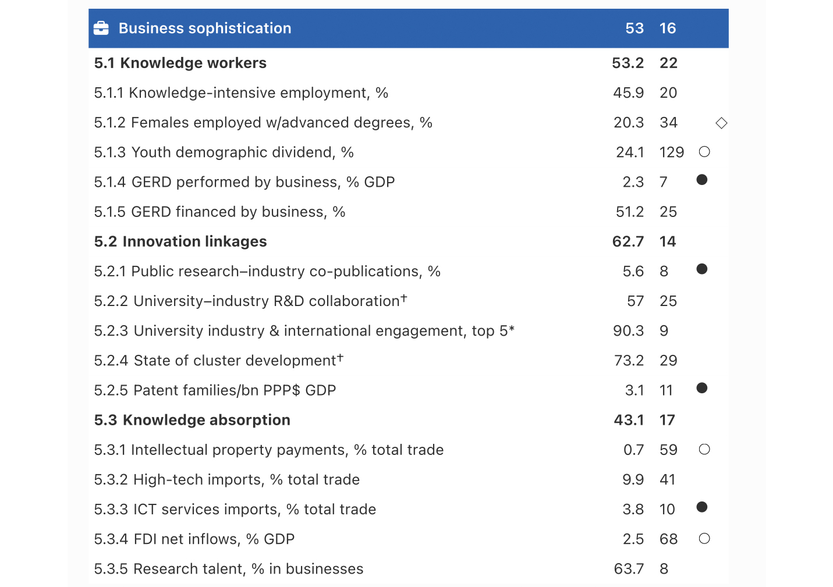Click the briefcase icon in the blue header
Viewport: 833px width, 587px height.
point(101,28)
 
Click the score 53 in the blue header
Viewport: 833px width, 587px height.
point(634,28)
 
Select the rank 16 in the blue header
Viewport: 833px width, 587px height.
point(668,28)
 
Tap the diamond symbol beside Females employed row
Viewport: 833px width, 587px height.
point(721,123)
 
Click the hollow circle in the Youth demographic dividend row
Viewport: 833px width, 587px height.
point(704,152)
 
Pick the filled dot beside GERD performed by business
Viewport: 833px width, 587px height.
point(702,180)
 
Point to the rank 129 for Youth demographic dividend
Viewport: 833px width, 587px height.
point(671,152)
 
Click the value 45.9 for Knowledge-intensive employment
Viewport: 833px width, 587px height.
point(628,93)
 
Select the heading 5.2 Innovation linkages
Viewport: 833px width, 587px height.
point(180,241)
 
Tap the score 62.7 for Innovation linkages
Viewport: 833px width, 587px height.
point(628,241)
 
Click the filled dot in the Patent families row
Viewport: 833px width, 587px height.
point(702,388)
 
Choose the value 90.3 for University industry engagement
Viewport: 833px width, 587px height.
point(628,331)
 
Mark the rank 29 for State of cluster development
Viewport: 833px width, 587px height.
point(668,361)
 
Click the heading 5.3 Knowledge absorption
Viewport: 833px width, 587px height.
point(192,420)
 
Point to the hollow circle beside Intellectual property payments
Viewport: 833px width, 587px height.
point(704,449)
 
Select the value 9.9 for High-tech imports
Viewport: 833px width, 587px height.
point(633,479)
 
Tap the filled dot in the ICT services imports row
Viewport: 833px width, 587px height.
point(702,507)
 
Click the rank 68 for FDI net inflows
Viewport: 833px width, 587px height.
point(668,539)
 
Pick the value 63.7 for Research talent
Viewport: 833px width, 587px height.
point(629,569)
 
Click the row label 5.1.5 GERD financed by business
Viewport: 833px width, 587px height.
point(219,212)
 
